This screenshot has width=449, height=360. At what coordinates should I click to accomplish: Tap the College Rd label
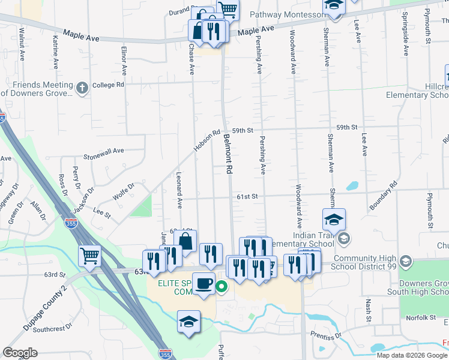tap(108, 85)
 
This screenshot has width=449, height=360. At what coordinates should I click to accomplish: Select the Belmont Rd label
tap(228, 154)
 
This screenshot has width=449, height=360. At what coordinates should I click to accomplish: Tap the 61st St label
tap(246, 196)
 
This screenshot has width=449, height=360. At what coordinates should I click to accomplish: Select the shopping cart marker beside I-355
tap(90, 256)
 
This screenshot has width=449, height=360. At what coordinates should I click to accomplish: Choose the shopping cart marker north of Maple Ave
tap(228, 9)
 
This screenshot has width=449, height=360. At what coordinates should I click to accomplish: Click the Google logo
tap(20, 353)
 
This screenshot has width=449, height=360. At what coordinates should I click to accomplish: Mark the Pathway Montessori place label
tap(287, 14)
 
